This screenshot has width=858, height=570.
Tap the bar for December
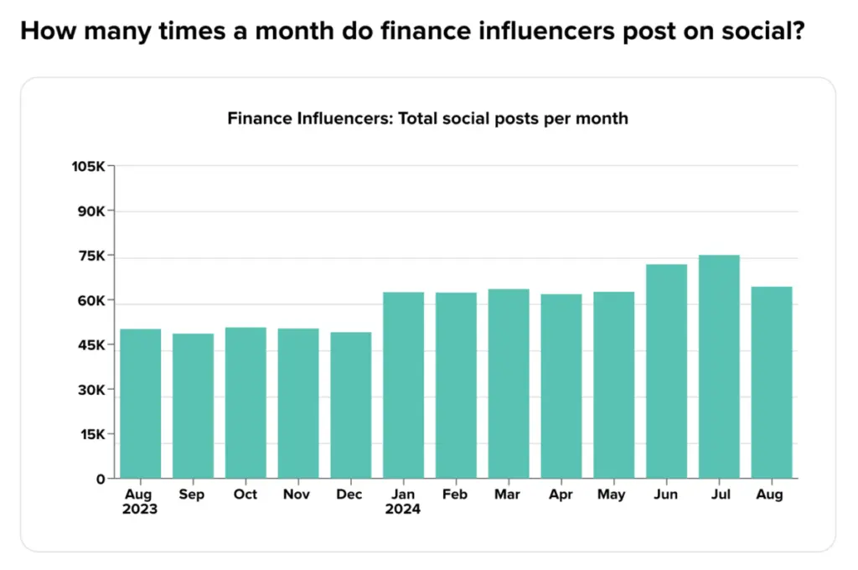pyautogui.click(x=351, y=406)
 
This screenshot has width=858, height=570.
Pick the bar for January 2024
pyautogui.click(x=404, y=386)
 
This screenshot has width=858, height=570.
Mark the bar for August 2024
pyautogui.click(x=772, y=382)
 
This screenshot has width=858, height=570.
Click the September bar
pyautogui.click(x=193, y=407)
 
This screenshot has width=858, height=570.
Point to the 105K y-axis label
pyautogui.click(x=89, y=166)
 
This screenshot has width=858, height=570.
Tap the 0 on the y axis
pyautogui.click(x=101, y=479)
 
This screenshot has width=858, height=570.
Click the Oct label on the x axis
pyautogui.click(x=246, y=495)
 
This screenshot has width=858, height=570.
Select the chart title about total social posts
pyautogui.click(x=427, y=118)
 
